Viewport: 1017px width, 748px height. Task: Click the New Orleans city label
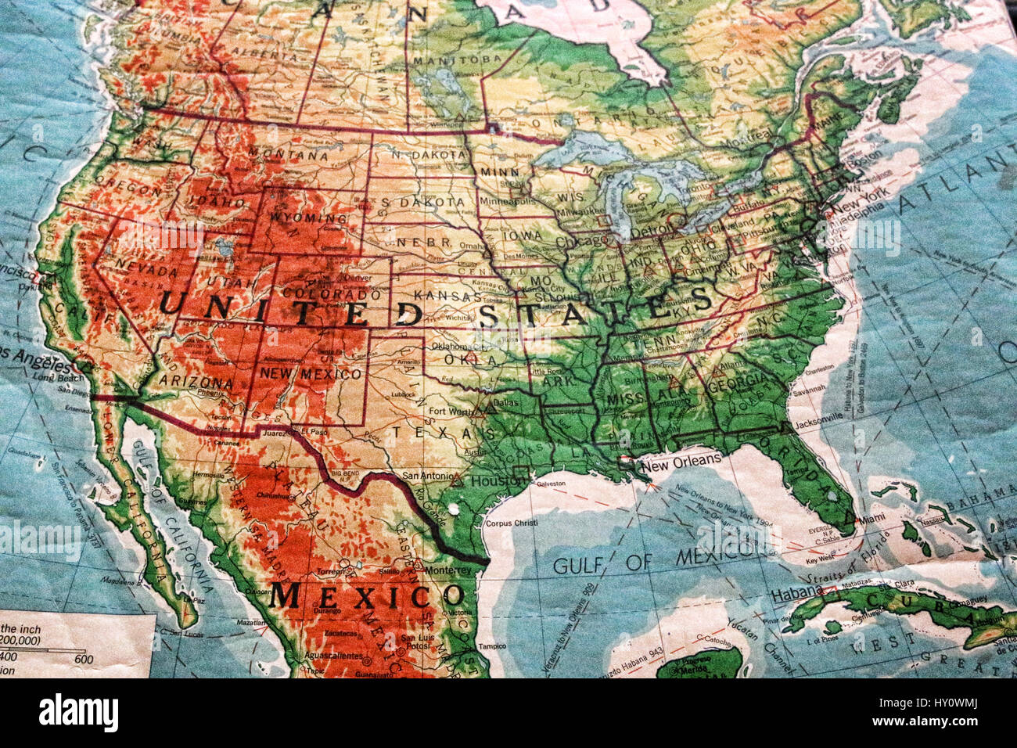point(680,461)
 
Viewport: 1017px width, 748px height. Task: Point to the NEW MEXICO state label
point(311,374)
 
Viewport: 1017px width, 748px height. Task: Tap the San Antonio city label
point(426,475)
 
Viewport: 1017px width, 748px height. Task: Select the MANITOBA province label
point(457,60)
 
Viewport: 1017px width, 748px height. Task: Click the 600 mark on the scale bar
point(84,660)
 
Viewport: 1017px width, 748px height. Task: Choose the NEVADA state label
point(147,270)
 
